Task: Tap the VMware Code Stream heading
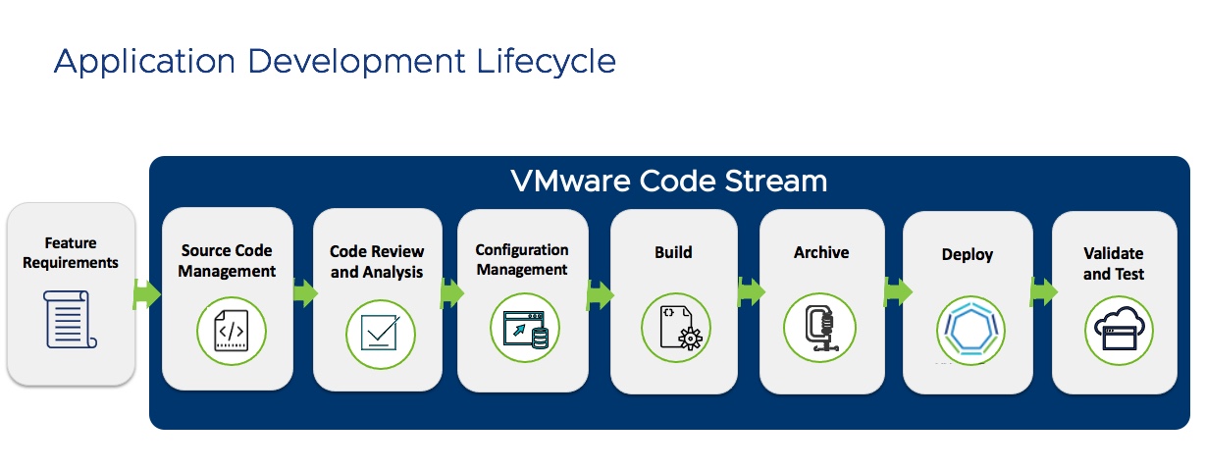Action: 668,182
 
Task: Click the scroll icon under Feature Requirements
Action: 71,319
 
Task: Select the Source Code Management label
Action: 227,260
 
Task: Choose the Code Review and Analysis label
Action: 377,262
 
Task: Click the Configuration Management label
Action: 521,260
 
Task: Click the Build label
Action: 673,252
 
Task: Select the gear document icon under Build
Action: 677,328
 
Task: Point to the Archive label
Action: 821,252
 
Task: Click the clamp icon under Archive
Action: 820,328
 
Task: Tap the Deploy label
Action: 968,254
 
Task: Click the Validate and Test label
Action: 1113,263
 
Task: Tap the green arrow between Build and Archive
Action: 752,290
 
